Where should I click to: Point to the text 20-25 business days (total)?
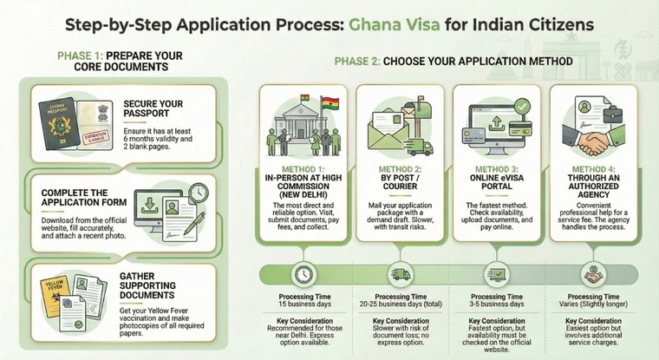(x=399, y=304)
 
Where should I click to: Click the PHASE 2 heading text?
(x=453, y=62)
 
